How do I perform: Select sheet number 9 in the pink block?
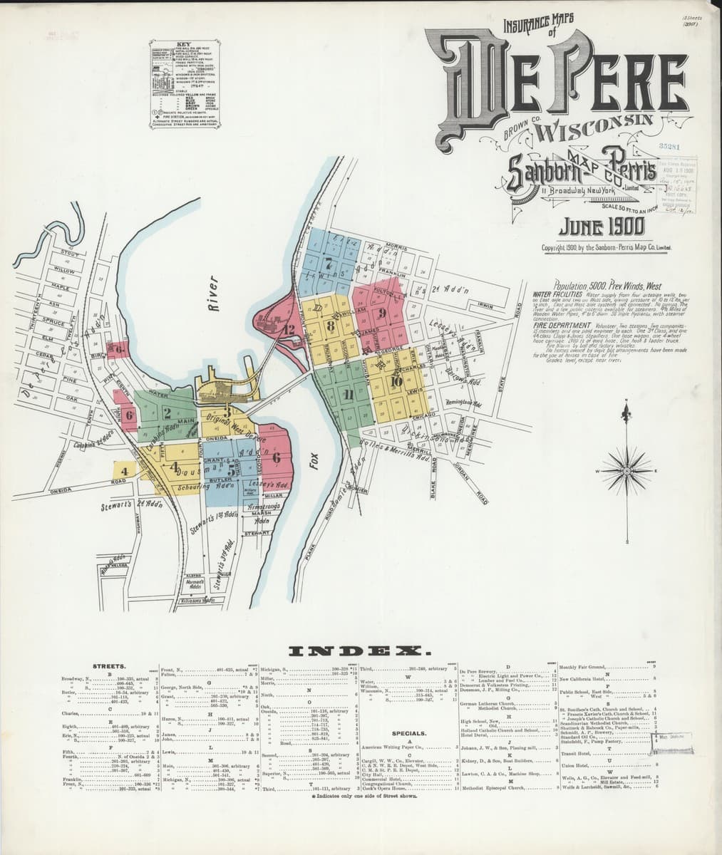(383, 312)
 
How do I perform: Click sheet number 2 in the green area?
(167, 411)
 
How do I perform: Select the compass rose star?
(627, 471)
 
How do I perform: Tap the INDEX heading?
(360, 651)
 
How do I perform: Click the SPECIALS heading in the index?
(408, 732)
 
